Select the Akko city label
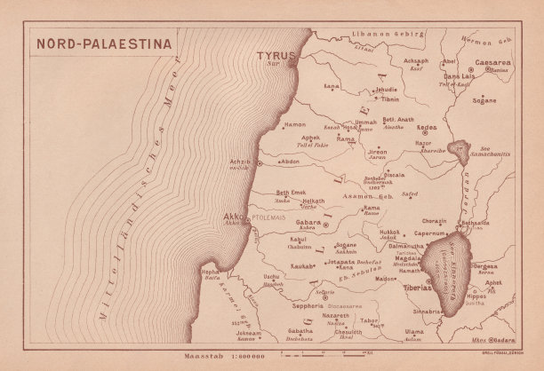pyautogui.click(x=232, y=215)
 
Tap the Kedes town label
pyautogui.click(x=427, y=128)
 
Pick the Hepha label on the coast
pyautogui.click(x=210, y=272)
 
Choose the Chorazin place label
pyautogui.click(x=435, y=219)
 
